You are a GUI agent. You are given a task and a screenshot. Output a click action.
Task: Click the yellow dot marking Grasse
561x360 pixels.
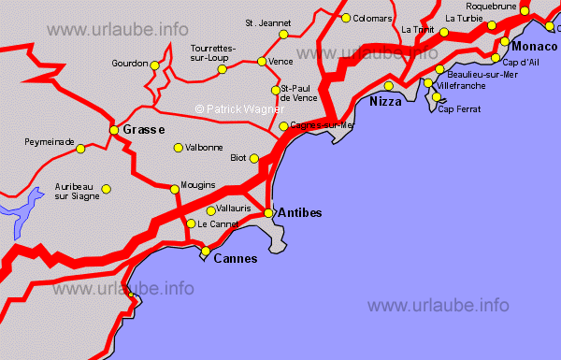114,129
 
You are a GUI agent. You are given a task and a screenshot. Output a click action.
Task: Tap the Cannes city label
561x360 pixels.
236,259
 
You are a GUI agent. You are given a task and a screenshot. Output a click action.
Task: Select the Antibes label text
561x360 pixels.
300,213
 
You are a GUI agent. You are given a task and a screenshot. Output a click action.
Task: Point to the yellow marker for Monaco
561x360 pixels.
505,42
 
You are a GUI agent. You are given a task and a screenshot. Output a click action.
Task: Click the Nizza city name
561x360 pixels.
386,101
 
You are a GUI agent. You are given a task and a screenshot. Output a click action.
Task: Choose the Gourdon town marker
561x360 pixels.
155,65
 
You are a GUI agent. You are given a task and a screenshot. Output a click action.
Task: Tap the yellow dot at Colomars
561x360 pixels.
346,18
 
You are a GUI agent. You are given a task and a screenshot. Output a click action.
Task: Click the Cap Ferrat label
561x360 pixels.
459,108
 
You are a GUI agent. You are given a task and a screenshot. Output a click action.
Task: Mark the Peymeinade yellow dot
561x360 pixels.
80,149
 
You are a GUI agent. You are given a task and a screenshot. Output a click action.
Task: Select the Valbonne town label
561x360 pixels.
205,148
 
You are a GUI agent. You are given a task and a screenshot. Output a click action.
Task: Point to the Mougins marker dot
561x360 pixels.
174,190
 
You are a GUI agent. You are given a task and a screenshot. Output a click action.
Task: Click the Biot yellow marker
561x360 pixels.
254,158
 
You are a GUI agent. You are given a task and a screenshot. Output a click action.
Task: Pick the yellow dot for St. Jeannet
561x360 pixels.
282,36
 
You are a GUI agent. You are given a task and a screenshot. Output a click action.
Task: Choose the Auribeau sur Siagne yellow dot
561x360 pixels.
106,189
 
